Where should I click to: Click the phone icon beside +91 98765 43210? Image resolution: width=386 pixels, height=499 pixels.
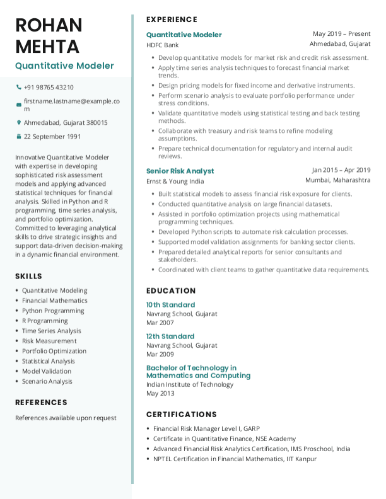point(18,88)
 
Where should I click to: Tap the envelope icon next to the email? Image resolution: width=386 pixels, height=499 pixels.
point(18,105)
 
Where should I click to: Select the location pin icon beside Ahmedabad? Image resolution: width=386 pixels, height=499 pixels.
point(18,123)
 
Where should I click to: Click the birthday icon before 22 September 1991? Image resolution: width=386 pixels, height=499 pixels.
point(18,136)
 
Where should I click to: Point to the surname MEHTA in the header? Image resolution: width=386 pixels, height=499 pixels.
point(47,47)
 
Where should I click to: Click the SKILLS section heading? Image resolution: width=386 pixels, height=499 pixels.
point(28,276)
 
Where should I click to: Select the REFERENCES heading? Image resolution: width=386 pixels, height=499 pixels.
point(41,402)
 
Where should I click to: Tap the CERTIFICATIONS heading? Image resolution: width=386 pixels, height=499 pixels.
point(181,414)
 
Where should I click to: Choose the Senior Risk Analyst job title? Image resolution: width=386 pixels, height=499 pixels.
point(180,171)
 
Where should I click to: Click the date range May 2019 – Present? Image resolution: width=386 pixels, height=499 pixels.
point(341,34)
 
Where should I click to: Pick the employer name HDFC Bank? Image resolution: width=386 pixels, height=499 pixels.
point(163,45)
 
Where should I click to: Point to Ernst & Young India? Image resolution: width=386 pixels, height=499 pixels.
point(175,181)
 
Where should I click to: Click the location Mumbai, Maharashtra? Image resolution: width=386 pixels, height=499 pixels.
point(338,180)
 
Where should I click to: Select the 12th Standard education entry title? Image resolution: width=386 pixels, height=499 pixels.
point(170,336)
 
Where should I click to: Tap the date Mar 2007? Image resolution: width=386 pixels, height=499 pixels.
point(160,323)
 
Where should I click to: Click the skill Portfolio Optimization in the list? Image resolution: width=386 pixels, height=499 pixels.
point(54,351)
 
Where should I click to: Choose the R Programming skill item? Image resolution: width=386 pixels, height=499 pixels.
point(44,321)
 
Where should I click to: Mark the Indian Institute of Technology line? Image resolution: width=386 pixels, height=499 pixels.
point(190,384)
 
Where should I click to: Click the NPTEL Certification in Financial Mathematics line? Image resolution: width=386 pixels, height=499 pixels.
point(235,459)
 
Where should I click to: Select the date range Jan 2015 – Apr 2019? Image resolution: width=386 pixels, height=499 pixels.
point(341,170)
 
